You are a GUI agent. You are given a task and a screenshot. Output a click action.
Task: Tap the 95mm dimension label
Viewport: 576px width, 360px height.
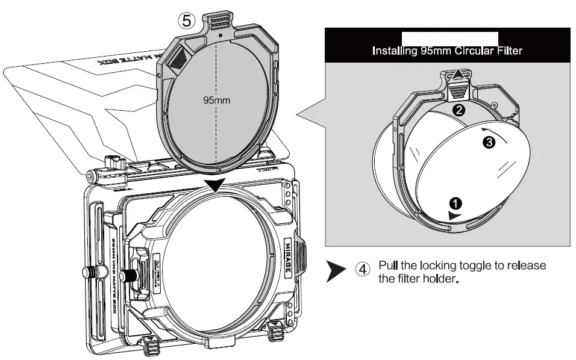pyautogui.click(x=218, y=99)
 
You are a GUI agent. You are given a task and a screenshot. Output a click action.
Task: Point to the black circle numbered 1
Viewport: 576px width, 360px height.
pyautogui.click(x=457, y=203)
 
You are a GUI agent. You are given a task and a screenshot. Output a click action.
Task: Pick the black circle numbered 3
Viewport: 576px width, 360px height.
pyautogui.click(x=489, y=141)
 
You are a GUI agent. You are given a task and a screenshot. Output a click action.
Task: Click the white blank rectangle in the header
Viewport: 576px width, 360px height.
pyautogui.click(x=449, y=37)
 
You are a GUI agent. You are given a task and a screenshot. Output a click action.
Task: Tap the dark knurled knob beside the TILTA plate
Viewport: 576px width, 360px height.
pyautogui.click(x=127, y=276)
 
